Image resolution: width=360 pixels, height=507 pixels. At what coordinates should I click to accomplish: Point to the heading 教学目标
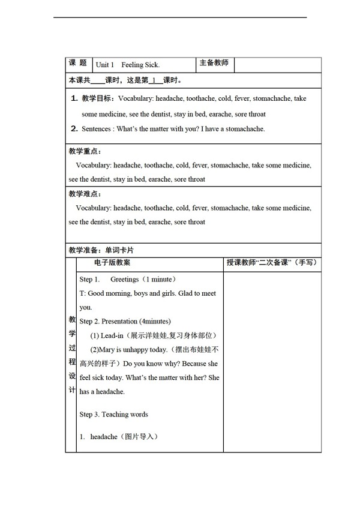[98, 98]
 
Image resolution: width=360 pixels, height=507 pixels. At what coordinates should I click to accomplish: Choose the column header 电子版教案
[112, 262]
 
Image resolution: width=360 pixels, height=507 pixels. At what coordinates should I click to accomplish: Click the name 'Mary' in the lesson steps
[106, 349]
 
